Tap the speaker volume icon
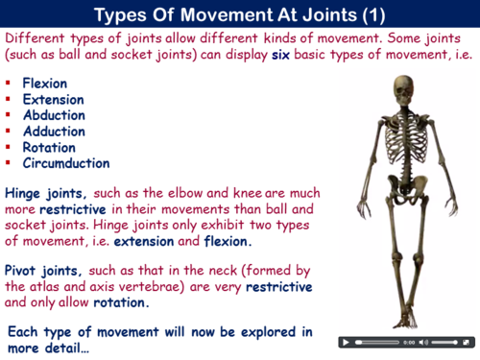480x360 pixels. pyautogui.click(x=424, y=342)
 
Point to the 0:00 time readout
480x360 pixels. pyautogui.click(x=409, y=342)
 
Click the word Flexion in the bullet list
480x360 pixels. pyautogui.click(x=46, y=84)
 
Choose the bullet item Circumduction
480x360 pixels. pyautogui.click(x=66, y=163)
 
